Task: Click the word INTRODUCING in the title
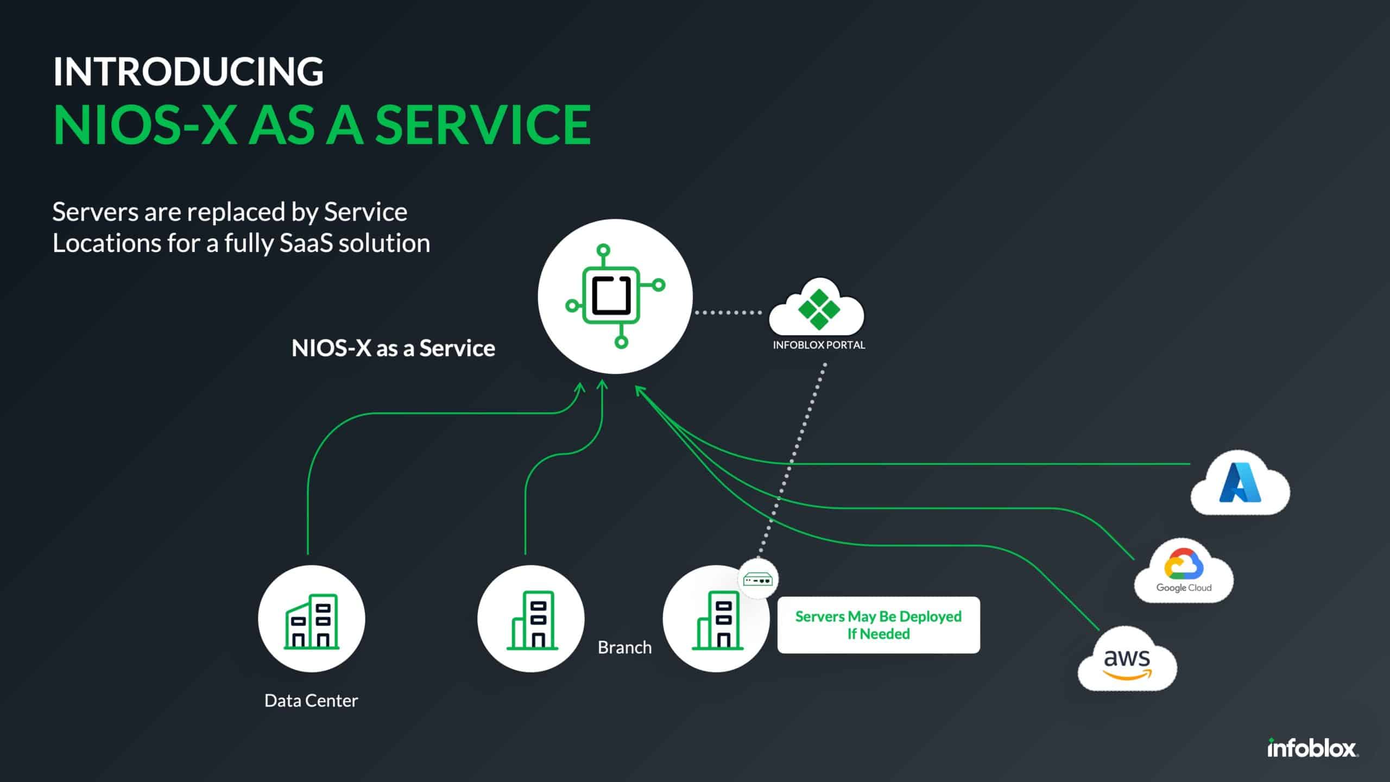click(x=188, y=72)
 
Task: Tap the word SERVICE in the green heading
click(x=483, y=125)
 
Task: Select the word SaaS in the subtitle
click(x=306, y=243)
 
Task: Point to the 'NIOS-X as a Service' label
click(x=393, y=349)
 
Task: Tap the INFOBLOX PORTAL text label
click(x=819, y=345)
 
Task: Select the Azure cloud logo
click(x=1240, y=483)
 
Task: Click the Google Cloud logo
click(x=1184, y=571)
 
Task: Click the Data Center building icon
click(x=312, y=619)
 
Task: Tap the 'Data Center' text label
click(x=311, y=701)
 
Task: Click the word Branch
click(x=624, y=648)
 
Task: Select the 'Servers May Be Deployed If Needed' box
click(x=879, y=625)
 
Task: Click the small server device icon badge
click(x=758, y=579)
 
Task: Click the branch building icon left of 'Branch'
click(x=531, y=619)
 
